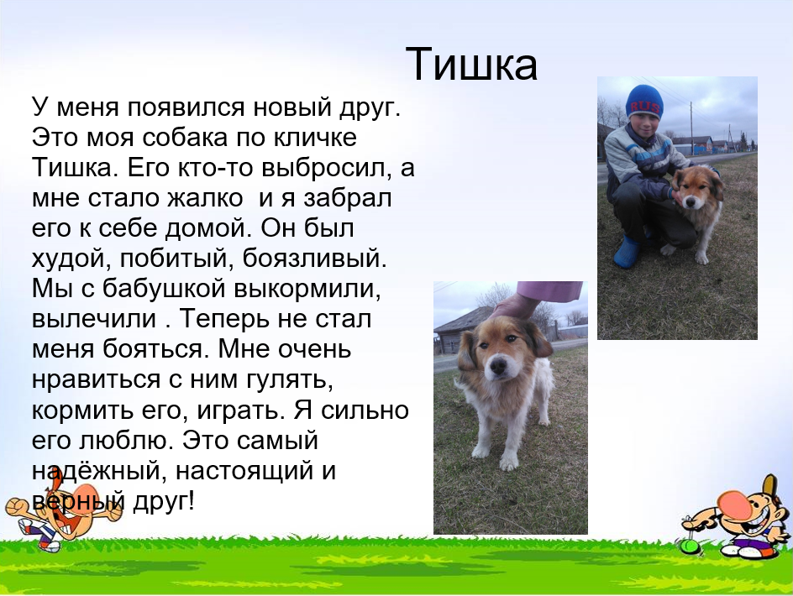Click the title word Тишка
pyautogui.click(x=471, y=64)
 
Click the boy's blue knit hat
pyautogui.click(x=644, y=102)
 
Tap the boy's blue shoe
pyautogui.click(x=628, y=251)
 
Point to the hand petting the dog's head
pyautogui.click(x=515, y=306)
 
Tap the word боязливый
pyautogui.click(x=314, y=259)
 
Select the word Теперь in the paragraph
pyautogui.click(x=225, y=320)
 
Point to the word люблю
pyautogui.click(x=127, y=441)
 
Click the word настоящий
pyautogui.click(x=244, y=471)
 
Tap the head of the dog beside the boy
pyautogui.click(x=695, y=186)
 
